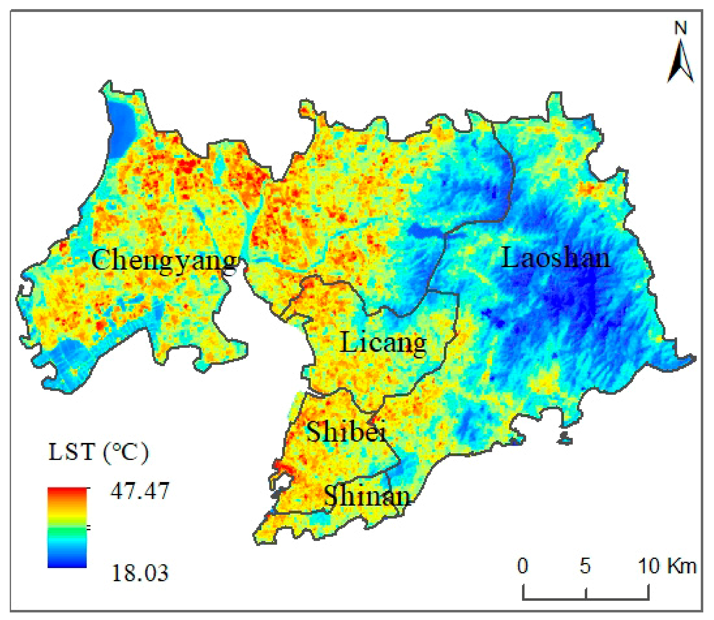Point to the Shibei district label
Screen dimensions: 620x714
coord(346,432)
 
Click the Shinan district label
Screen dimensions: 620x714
coord(367,497)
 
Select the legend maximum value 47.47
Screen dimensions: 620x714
coord(140,491)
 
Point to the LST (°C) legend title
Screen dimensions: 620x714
coord(98,452)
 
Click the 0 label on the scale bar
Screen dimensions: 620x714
coord(523,567)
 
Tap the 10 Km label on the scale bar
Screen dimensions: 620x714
coord(666,567)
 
